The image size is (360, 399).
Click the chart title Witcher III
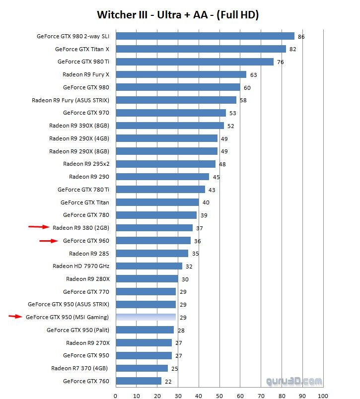point(177,15)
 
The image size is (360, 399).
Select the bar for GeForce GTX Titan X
point(201,49)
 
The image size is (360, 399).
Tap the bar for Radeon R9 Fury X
point(181,74)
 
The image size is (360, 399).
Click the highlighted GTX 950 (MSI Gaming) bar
point(145,317)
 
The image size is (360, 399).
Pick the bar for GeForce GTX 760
point(138,381)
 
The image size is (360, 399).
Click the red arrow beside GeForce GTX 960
point(49,241)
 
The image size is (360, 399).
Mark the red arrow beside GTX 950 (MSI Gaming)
point(15,316)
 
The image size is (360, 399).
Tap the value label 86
point(301,37)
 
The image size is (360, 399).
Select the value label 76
point(280,62)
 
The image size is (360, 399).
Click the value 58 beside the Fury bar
point(243,100)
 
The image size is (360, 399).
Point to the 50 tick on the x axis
point(219,396)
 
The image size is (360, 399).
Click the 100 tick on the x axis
point(323,396)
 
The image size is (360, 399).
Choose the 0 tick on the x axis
point(115,396)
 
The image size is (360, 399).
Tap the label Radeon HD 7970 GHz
point(80,266)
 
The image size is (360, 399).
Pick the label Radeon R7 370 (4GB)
point(80,368)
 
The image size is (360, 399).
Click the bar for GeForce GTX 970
point(170,113)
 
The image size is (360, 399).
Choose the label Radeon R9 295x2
point(86,164)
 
